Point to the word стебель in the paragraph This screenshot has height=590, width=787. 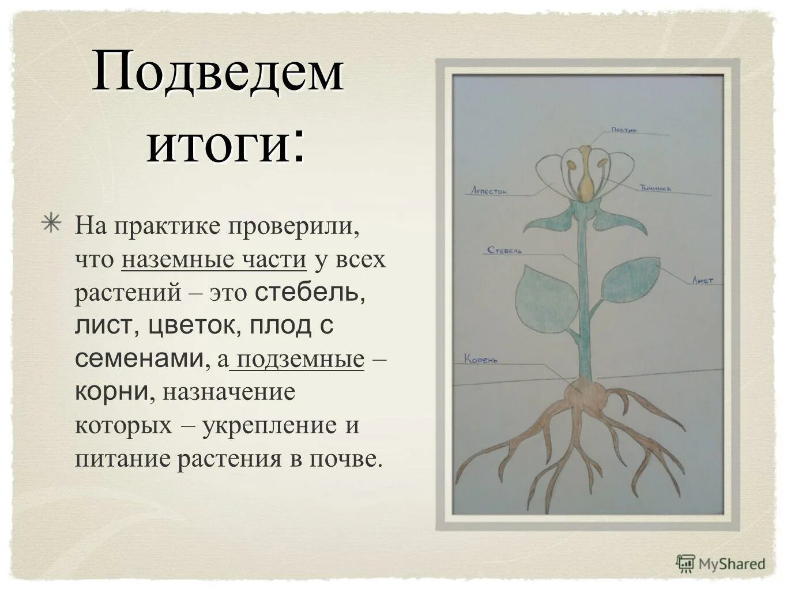309,293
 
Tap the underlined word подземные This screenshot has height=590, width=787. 300,360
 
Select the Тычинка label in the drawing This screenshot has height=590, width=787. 654,188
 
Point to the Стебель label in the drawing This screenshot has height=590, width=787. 504,251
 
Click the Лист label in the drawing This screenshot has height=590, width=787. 703,281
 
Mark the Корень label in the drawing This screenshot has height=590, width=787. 481,360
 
